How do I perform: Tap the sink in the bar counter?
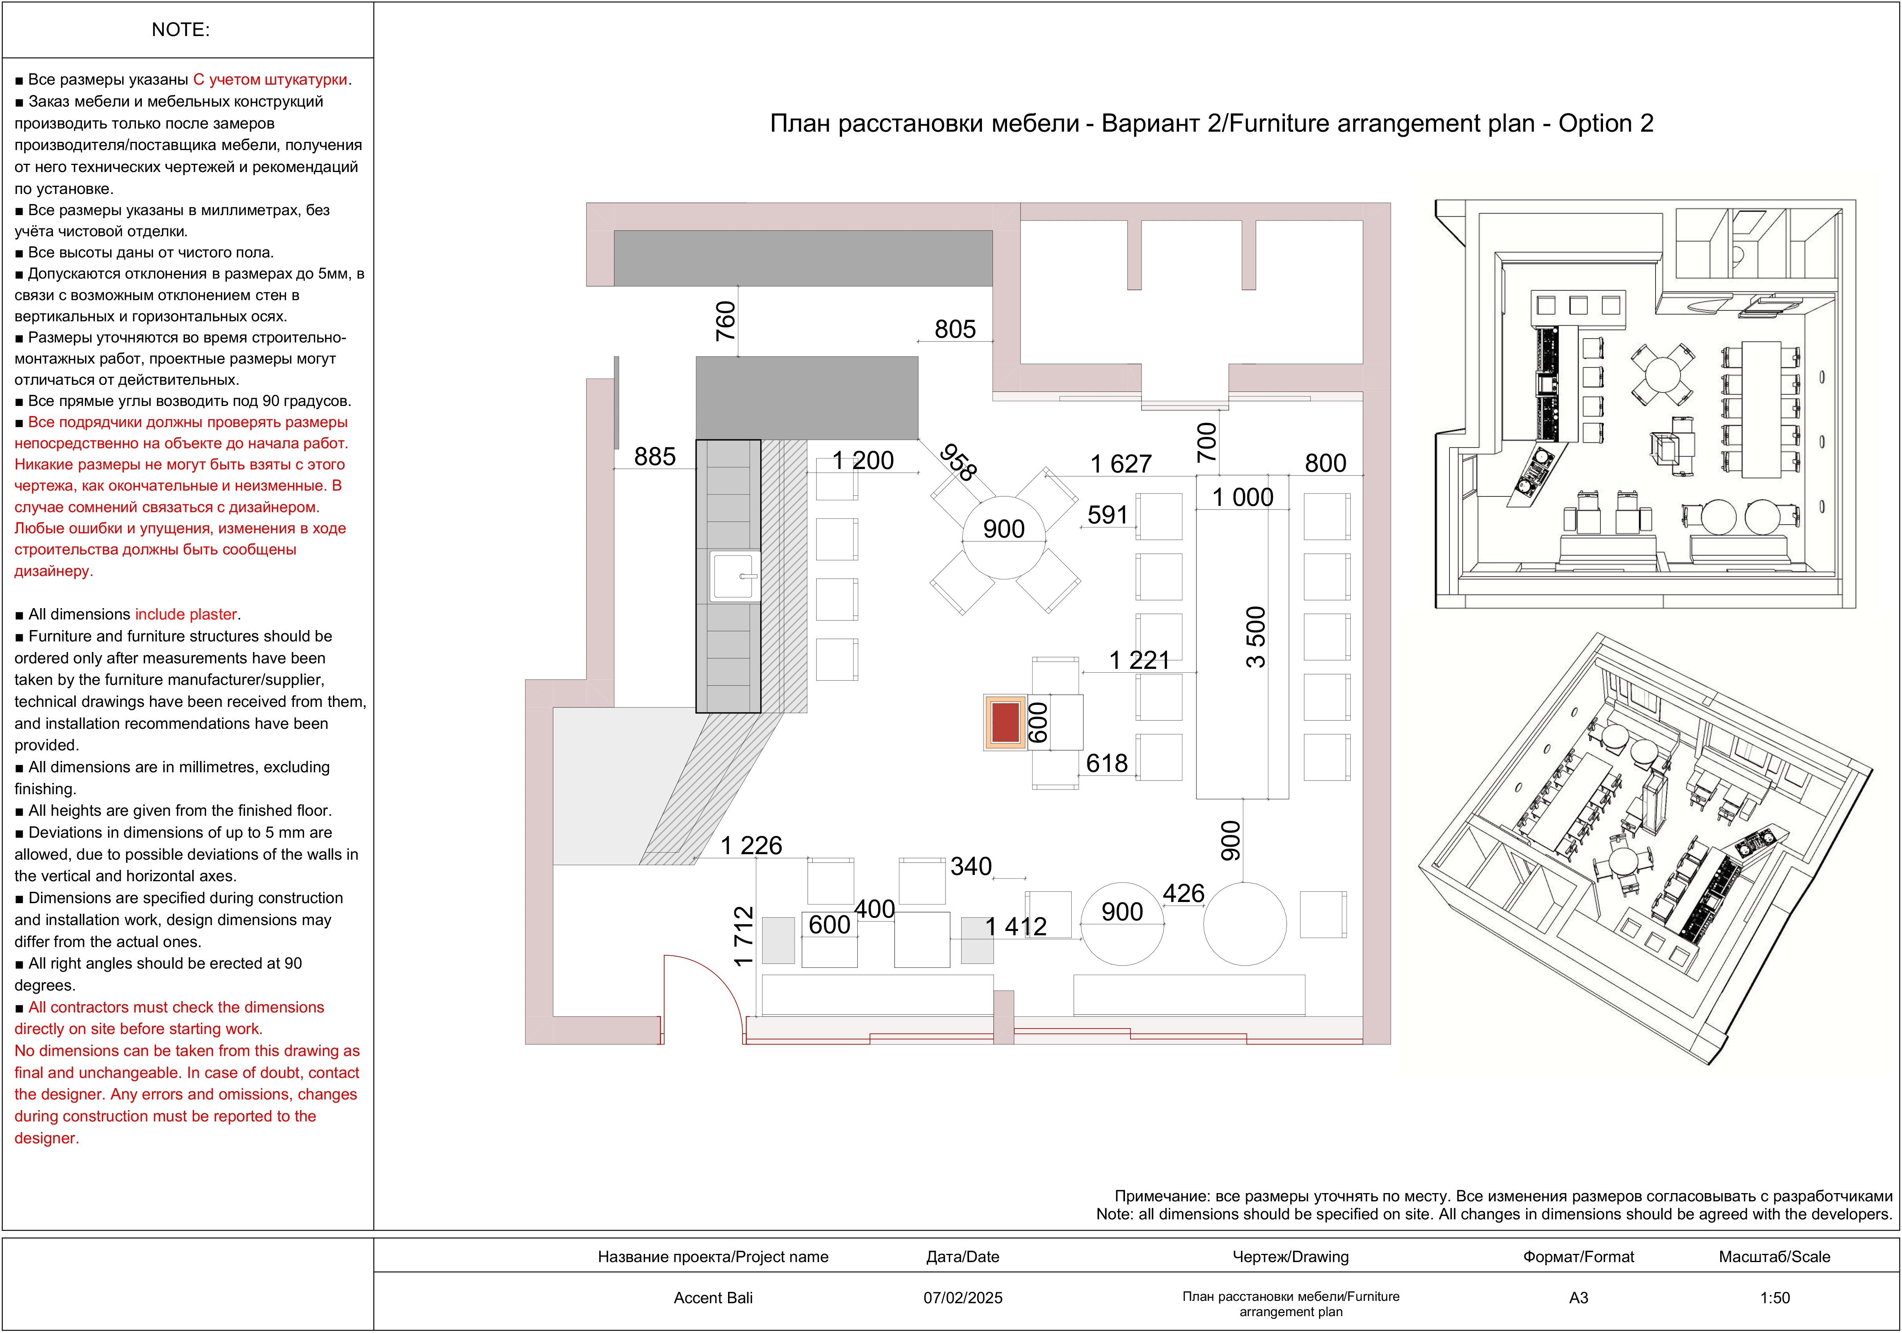734,576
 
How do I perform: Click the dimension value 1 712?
744,936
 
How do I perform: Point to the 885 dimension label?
654,456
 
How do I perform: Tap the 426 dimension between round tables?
1183,893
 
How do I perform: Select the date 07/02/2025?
963,1297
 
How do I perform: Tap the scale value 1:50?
1774,1297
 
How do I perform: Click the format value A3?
1578,1297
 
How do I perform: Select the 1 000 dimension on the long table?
1243,497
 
